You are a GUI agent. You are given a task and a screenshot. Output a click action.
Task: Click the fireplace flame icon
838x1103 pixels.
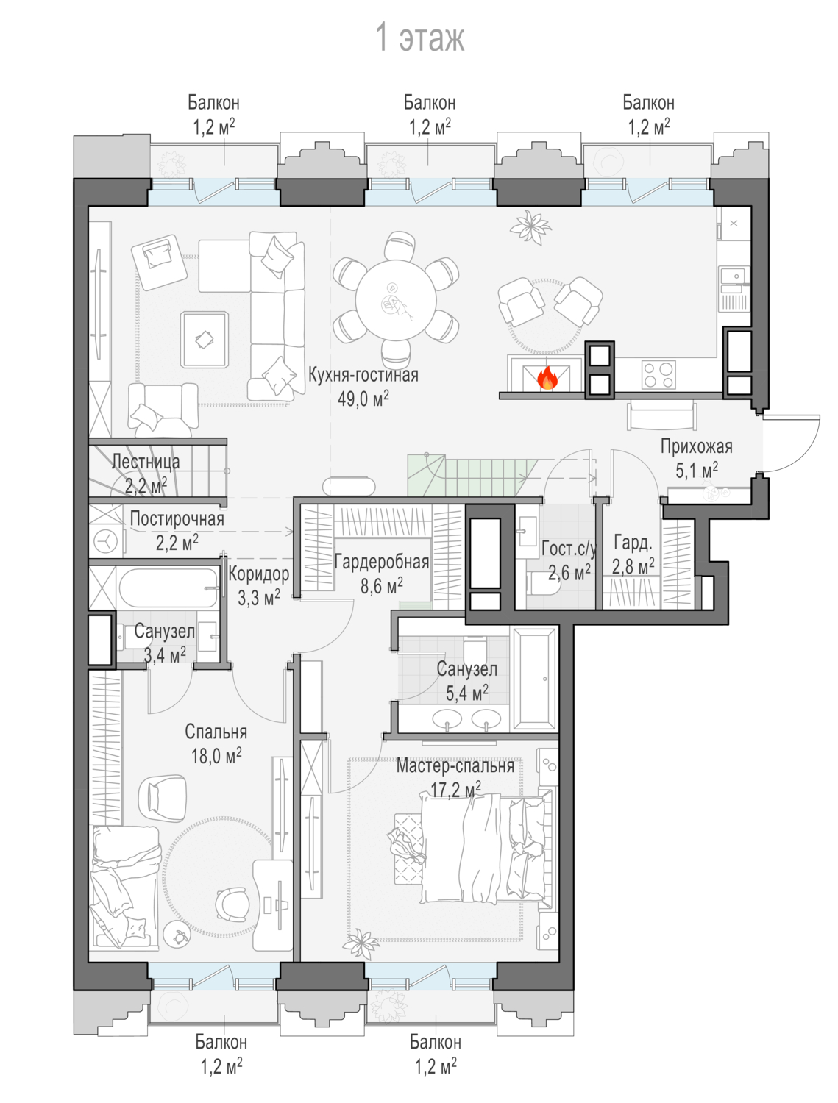click(x=547, y=378)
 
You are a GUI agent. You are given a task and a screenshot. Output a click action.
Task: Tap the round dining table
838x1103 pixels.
click(x=396, y=300)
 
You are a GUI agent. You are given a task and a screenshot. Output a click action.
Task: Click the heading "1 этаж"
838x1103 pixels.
click(x=420, y=37)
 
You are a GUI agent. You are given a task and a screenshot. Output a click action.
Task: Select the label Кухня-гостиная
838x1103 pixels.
click(x=363, y=375)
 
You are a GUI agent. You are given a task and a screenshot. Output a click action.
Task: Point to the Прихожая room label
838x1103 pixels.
click(x=696, y=447)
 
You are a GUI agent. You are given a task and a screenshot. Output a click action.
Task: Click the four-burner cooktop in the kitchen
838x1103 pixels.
click(x=658, y=375)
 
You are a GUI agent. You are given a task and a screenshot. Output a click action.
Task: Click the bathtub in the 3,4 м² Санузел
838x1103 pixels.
click(x=168, y=588)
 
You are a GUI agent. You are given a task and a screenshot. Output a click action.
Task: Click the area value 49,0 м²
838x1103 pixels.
click(x=363, y=399)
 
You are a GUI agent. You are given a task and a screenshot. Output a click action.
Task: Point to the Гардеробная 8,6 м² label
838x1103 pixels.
click(x=382, y=574)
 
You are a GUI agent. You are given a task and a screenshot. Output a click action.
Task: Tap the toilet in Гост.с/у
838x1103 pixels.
click(x=541, y=584)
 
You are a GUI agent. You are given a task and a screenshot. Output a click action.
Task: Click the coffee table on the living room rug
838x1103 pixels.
click(x=205, y=340)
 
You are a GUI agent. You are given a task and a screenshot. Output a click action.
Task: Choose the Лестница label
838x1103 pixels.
click(x=146, y=462)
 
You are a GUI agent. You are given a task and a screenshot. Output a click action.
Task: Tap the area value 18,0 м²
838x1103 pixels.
click(x=216, y=757)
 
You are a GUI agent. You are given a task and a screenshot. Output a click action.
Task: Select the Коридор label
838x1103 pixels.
click(x=258, y=574)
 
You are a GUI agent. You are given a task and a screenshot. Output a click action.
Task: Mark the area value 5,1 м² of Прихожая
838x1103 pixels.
click(x=696, y=471)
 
